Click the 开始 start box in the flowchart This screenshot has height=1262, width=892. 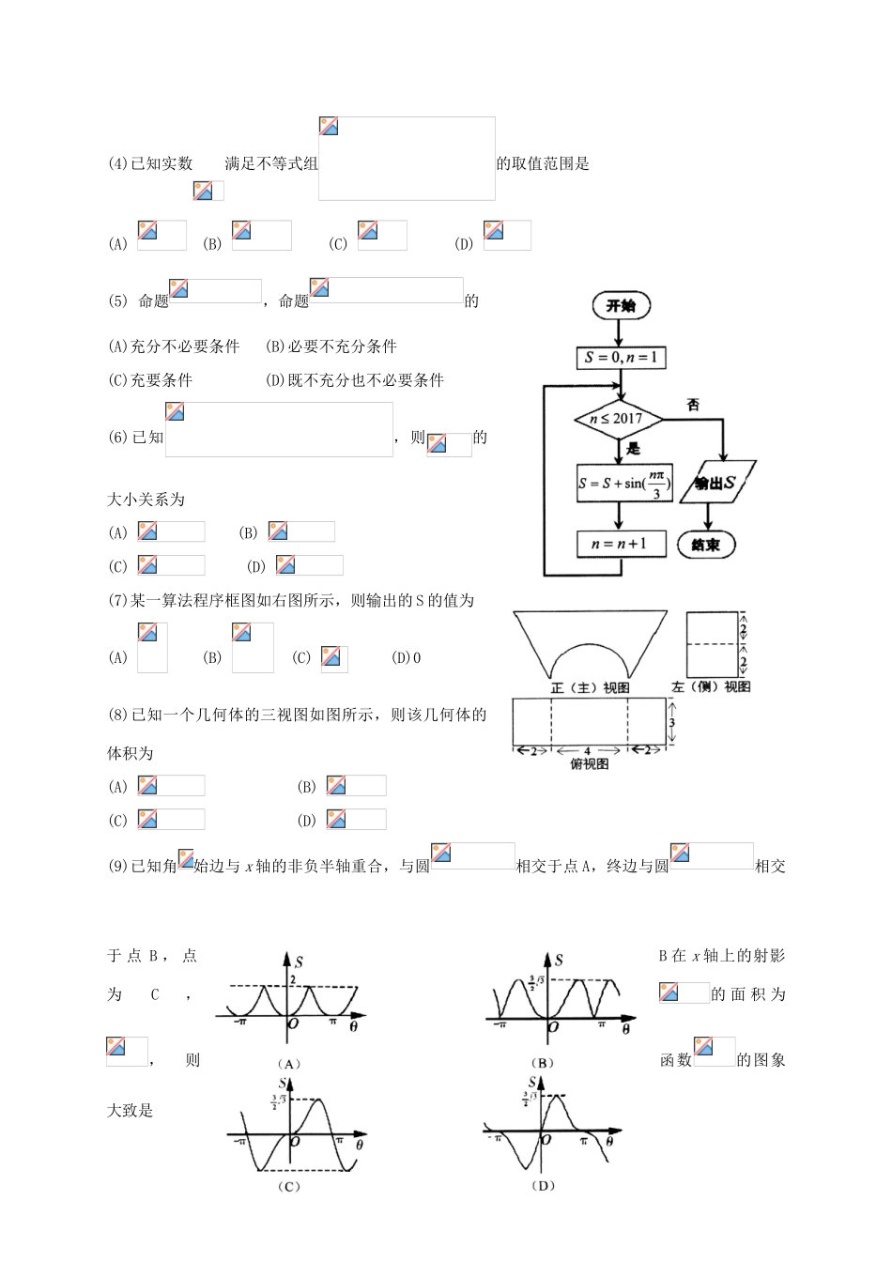click(x=621, y=306)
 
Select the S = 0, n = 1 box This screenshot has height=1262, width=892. click(x=621, y=358)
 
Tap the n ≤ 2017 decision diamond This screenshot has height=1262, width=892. click(x=616, y=419)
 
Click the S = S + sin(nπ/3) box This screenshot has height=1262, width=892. click(x=624, y=485)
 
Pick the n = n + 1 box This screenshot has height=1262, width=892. click(x=621, y=544)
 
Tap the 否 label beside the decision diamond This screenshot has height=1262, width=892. click(x=693, y=405)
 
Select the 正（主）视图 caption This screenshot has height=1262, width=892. click(x=590, y=688)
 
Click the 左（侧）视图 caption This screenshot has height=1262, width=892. click(x=711, y=687)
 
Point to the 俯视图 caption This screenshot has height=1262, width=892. click(x=590, y=764)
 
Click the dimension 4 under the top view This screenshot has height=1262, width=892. click(x=588, y=751)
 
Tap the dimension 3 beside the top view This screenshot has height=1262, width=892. click(x=672, y=724)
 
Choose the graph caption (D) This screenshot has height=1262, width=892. click(x=543, y=1186)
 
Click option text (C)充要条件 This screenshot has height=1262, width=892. click(x=150, y=380)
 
